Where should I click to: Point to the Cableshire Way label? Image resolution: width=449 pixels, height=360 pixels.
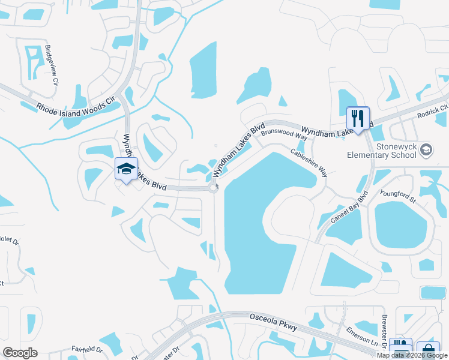309,163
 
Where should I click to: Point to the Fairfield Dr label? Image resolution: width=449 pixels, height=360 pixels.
88,349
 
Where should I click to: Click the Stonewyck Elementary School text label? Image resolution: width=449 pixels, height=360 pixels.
382,151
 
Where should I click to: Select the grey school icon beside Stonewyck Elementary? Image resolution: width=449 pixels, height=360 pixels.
426,149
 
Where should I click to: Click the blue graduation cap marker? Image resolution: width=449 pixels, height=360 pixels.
126,169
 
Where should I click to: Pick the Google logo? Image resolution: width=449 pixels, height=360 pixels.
20,353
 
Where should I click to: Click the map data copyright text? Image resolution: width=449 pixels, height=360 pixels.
412,355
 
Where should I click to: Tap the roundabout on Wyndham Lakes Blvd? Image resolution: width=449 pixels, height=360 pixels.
214,188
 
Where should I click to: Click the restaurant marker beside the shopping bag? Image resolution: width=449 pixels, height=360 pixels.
400,348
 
